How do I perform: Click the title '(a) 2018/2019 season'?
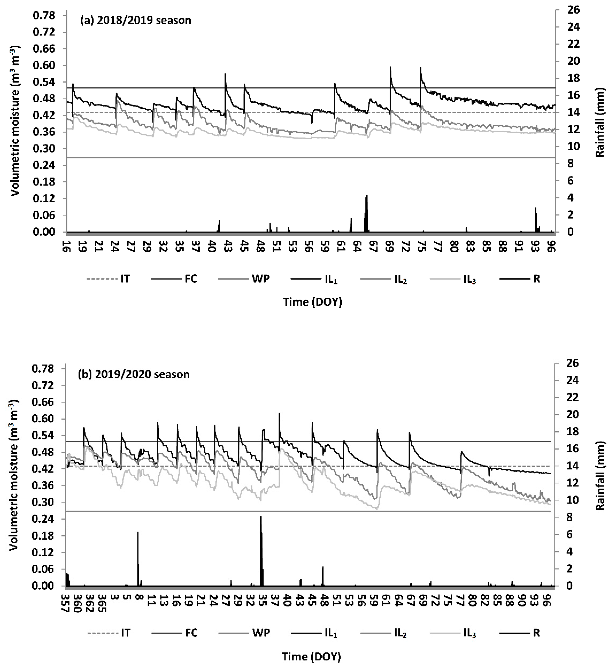click(136, 20)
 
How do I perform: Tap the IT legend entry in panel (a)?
click(125, 279)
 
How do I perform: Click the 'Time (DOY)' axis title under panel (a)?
click(313, 302)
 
